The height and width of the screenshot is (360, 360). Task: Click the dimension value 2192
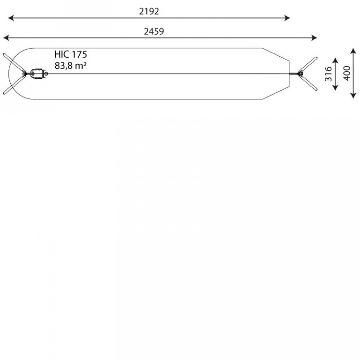pos(149,11)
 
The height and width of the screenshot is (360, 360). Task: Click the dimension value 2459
pos(154,31)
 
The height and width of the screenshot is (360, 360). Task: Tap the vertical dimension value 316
pos(328,74)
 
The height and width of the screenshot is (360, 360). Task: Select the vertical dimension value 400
pos(347,73)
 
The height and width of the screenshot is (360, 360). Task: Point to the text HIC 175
pos(71,54)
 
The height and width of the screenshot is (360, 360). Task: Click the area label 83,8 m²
pos(71,66)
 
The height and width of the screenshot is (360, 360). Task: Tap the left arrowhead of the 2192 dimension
pos(11,18)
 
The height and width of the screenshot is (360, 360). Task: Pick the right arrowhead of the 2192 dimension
pos(287,18)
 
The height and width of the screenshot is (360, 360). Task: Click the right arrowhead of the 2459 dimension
pos(315,38)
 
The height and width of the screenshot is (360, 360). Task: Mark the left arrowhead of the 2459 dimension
pos(6,38)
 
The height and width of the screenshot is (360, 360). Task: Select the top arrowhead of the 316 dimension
pos(336,60)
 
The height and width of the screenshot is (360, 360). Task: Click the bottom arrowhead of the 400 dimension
pos(353,96)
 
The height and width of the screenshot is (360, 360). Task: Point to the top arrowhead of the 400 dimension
pos(353,51)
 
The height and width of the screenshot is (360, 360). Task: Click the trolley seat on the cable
pos(37,74)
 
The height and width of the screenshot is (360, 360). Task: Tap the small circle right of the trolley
pos(46,74)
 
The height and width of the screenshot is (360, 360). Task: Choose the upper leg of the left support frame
pos(14,63)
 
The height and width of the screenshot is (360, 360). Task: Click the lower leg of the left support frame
pos(14,84)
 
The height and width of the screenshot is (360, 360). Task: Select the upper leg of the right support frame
pos(308,65)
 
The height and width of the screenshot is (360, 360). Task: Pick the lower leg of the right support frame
pos(308,82)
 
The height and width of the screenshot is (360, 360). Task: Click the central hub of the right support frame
pos(300,74)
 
